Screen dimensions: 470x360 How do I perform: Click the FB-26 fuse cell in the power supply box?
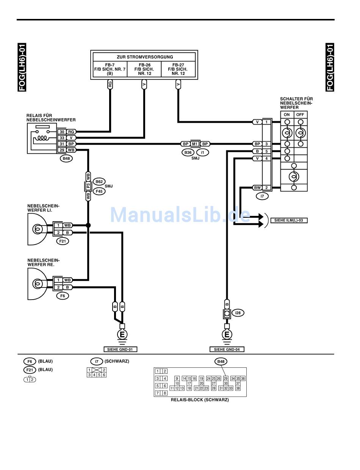tap(144, 69)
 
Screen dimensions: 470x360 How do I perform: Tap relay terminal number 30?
tap(62, 131)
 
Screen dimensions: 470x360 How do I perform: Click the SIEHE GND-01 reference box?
tap(120, 349)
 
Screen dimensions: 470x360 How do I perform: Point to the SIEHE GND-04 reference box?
tap(227, 349)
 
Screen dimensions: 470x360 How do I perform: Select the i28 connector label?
tap(238, 313)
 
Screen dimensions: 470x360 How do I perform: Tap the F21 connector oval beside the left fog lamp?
tap(63, 240)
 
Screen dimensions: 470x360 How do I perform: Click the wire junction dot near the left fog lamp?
tap(88, 225)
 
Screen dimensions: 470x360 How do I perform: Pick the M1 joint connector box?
tap(195, 144)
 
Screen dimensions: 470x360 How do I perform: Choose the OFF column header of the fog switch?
tap(300, 115)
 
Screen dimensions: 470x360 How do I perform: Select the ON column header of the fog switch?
tap(287, 115)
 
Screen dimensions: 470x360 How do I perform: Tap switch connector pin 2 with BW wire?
tap(267, 187)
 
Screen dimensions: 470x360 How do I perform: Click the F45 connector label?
tap(99, 191)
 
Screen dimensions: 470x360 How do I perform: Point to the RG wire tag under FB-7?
tap(110, 84)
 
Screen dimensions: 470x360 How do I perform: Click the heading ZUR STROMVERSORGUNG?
tap(145, 57)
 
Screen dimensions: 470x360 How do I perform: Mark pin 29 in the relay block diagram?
tap(225, 378)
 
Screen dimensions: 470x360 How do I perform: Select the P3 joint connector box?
tap(88, 186)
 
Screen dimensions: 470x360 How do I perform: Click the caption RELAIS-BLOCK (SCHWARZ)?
tap(200, 400)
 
